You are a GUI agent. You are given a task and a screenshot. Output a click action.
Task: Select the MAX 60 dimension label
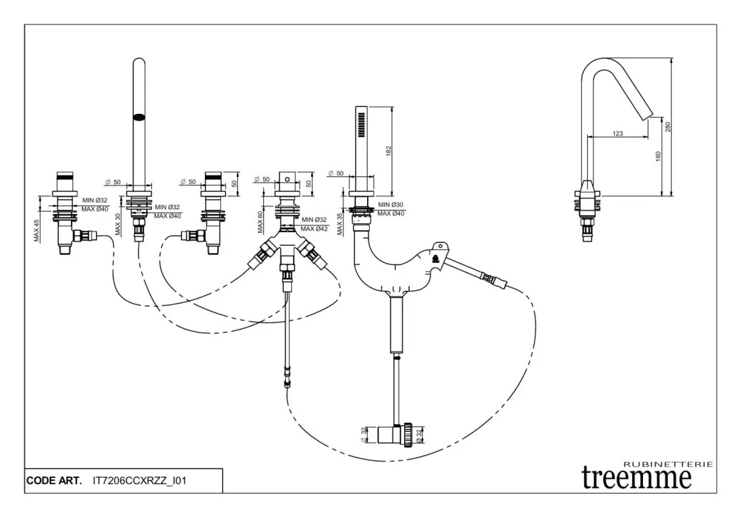[x=262, y=221]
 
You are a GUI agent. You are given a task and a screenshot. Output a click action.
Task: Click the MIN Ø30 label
[x=391, y=205]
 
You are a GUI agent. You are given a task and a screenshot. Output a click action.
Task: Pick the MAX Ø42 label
[x=314, y=229]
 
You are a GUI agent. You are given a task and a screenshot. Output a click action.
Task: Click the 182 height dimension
[x=389, y=151]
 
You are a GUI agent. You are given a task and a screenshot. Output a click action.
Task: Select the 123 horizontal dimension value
[x=618, y=133]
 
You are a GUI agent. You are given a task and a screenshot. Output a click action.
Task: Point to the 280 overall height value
[x=667, y=127]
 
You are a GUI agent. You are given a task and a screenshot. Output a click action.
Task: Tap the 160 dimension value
[x=657, y=158]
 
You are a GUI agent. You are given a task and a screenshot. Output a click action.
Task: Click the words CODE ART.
[x=54, y=480]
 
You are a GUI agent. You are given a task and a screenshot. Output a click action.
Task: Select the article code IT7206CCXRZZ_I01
[x=140, y=480]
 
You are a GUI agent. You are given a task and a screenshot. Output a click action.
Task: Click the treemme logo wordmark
[x=637, y=477]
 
